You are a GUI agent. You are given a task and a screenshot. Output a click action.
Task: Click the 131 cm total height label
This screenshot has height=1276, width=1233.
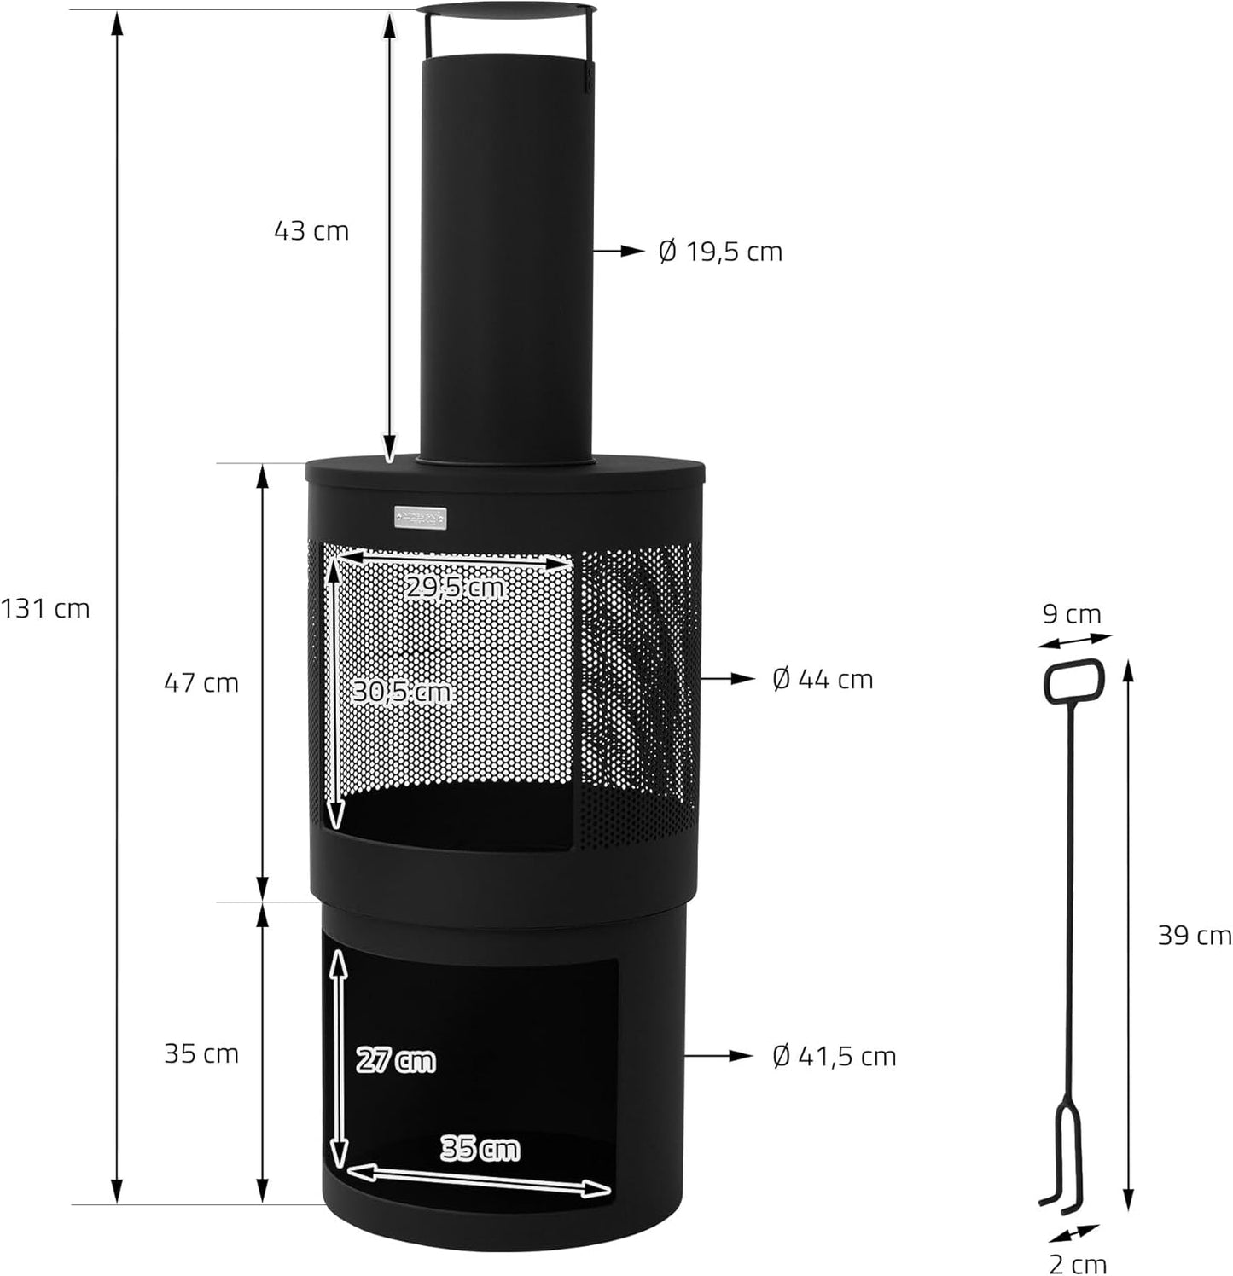coord(44,608)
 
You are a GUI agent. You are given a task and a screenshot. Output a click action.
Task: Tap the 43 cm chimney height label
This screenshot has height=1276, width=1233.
coord(311,230)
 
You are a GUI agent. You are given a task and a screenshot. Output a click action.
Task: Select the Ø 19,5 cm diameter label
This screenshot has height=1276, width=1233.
coord(720,252)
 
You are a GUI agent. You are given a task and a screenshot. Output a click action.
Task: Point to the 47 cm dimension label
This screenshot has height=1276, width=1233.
coord(201,682)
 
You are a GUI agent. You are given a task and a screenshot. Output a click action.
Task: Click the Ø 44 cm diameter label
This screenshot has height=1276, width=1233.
coord(823,679)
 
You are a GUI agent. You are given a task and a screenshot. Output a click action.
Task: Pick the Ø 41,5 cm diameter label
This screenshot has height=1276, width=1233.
coord(834,1056)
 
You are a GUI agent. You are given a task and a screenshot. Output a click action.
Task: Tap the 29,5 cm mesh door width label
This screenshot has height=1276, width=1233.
coord(455,588)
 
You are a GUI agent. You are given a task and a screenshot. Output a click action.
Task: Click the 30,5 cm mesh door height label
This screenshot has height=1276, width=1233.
coord(401,692)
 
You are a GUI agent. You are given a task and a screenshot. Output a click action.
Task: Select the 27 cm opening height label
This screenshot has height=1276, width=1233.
coord(395,1060)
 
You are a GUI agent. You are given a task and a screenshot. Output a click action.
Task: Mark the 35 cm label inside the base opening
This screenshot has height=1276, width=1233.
coord(480,1149)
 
